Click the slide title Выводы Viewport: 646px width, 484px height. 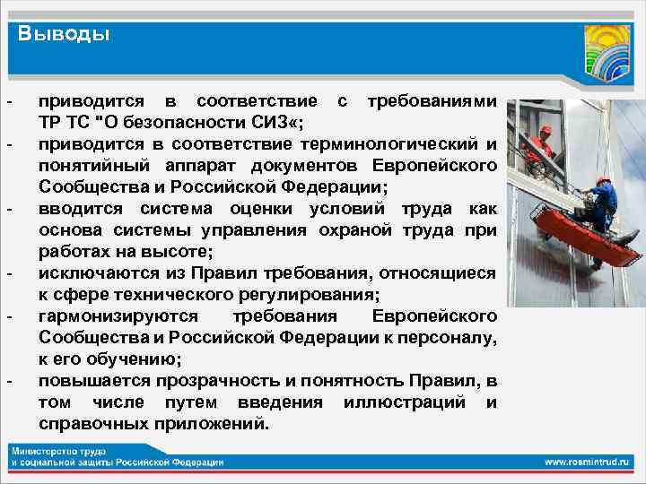coord(65,35)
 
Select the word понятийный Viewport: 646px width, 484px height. coord(86,166)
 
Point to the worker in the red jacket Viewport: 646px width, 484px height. coord(541,148)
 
